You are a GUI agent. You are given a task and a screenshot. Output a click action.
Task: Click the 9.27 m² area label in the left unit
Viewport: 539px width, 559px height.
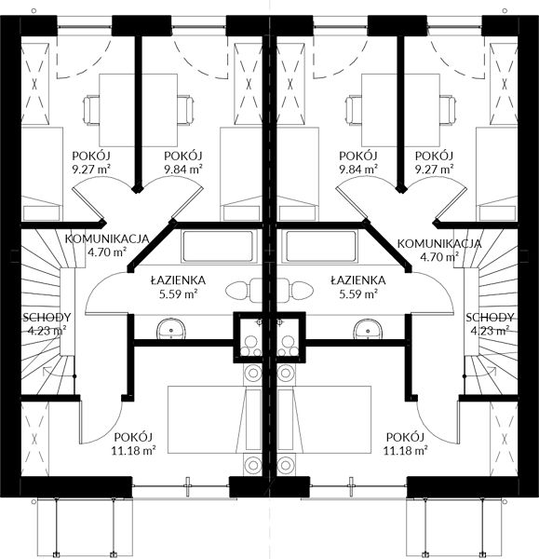point(91,169)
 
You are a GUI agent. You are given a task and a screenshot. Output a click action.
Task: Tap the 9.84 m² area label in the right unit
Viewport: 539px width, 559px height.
point(358,169)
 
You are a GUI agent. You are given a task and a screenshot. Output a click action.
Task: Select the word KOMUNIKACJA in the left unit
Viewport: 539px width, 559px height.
point(107,239)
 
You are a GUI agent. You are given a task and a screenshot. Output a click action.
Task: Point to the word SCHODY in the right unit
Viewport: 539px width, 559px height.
point(490,317)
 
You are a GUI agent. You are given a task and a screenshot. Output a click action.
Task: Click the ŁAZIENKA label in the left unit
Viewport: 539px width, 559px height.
point(178,280)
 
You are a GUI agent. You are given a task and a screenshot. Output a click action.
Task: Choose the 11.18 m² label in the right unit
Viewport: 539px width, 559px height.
point(405,451)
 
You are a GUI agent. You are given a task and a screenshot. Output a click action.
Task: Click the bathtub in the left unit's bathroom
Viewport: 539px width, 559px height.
point(219,246)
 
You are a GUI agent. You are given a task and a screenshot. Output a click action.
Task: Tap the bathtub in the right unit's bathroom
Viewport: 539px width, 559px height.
point(320,246)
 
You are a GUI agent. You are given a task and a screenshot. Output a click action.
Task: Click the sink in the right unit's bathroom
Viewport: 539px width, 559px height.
point(368,329)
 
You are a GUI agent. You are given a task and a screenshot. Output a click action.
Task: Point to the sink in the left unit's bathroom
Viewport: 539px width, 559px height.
point(170,329)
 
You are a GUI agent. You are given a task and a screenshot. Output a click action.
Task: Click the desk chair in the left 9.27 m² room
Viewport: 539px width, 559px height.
point(91,110)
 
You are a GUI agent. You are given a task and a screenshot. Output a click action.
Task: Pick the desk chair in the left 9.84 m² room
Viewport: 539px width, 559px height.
point(186,110)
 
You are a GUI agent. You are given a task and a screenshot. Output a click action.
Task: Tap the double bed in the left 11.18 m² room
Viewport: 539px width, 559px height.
point(215,419)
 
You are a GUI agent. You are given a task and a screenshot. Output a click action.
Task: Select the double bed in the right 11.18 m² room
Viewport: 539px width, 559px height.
point(324,419)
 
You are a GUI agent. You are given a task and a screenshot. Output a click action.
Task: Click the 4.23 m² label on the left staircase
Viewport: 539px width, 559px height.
point(47,331)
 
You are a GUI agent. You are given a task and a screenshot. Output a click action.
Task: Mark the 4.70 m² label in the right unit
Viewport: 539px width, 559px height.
point(439,257)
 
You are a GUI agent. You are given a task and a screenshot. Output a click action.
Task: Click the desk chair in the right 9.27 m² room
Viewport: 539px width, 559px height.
point(448,110)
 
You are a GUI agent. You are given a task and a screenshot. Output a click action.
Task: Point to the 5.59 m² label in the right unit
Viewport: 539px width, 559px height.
point(358,294)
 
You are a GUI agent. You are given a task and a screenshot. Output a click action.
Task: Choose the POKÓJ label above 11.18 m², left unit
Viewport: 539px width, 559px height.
point(133,437)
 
